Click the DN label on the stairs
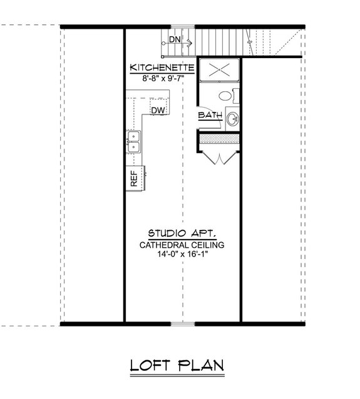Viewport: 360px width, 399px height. (x=175, y=39)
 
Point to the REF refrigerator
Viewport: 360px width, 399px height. (x=134, y=179)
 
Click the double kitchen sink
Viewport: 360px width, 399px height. (x=133, y=143)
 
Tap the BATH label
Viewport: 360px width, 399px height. (x=210, y=116)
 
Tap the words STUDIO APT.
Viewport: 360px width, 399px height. (x=182, y=233)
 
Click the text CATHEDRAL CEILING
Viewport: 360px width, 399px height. (x=182, y=244)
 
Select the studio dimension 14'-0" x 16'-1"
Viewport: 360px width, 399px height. (x=182, y=255)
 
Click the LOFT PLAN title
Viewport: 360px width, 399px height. (x=178, y=365)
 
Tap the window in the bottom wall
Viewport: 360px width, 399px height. (x=182, y=323)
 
